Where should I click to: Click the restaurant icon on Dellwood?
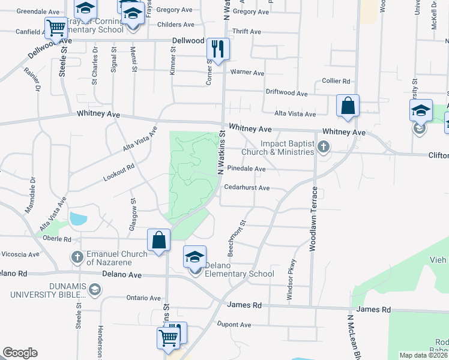click(217, 49)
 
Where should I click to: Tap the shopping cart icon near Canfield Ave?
click(55, 28)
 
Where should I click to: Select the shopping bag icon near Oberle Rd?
click(159, 241)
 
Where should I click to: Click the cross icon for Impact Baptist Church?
click(324, 146)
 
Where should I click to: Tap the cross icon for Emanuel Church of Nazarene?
click(77, 257)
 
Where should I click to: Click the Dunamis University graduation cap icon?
click(94, 290)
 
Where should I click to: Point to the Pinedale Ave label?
click(246, 169)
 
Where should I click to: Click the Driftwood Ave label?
click(287, 93)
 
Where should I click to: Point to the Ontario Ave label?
click(143, 298)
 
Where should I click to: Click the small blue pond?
click(79, 218)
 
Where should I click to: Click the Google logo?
click(20, 352)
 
